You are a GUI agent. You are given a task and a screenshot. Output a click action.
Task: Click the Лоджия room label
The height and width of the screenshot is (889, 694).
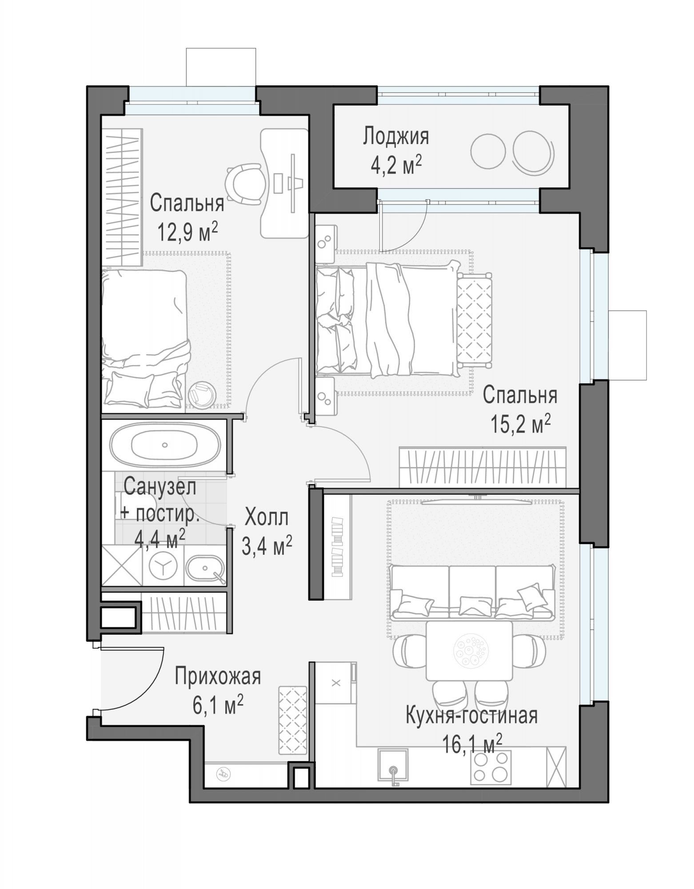pyautogui.click(x=396, y=136)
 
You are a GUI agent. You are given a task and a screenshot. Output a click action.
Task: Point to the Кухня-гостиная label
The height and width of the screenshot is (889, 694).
pyautogui.click(x=472, y=716)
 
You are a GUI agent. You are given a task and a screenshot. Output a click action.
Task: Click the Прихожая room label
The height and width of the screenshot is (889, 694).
pyautogui.click(x=218, y=677)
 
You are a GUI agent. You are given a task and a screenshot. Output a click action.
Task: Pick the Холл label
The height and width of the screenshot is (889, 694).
pyautogui.click(x=267, y=518)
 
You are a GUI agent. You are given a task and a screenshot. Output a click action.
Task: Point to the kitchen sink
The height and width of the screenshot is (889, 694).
pyautogui.click(x=393, y=764)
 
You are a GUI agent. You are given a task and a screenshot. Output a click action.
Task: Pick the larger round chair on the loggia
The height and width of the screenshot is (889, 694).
pyautogui.click(x=533, y=151)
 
